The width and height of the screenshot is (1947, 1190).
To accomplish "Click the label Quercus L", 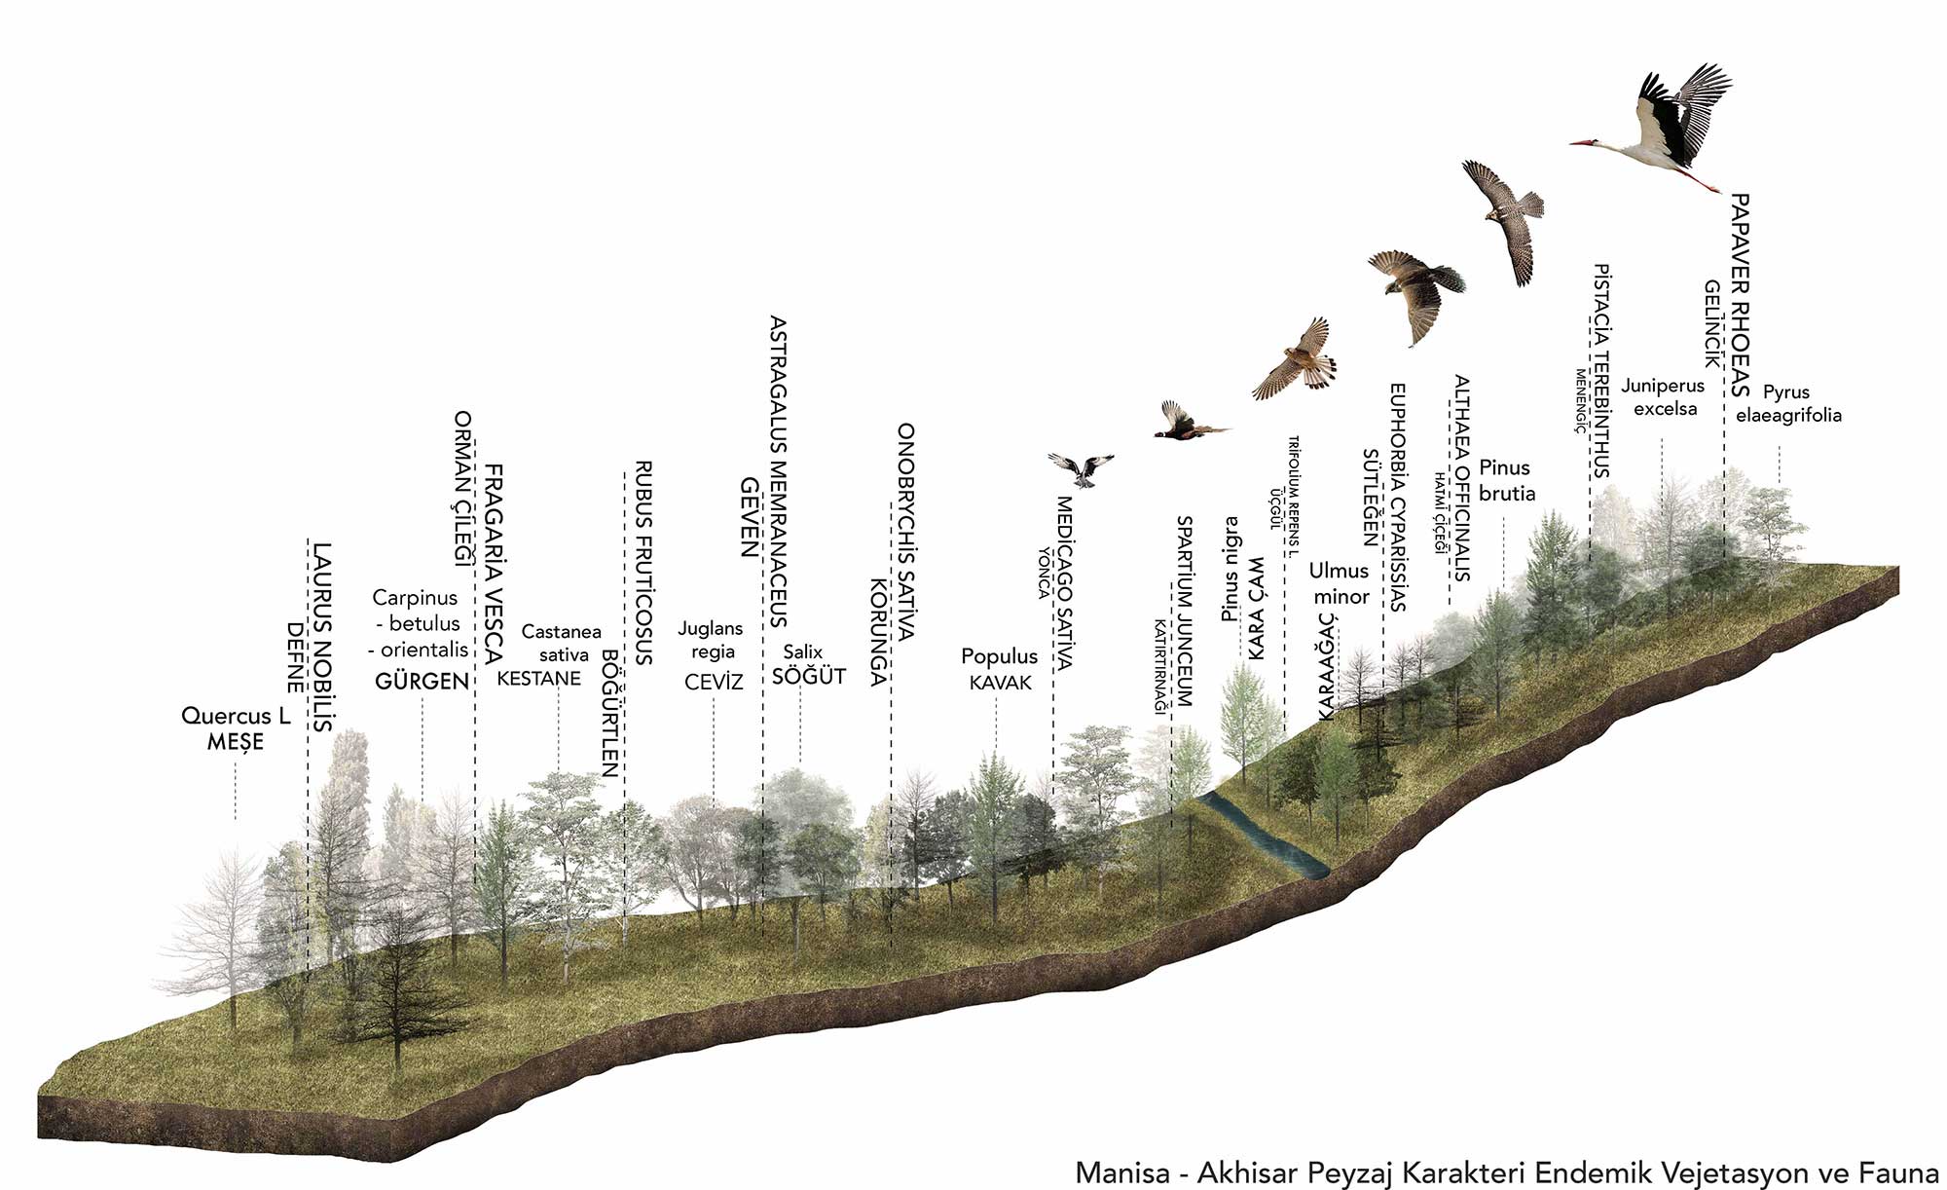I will tap(236, 716).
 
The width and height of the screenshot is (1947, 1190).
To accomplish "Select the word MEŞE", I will tap(236, 742).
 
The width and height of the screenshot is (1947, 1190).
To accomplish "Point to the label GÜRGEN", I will tap(422, 681).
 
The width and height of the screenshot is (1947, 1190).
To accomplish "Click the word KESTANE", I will tap(538, 679).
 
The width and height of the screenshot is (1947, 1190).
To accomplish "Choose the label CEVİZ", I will tap(714, 682).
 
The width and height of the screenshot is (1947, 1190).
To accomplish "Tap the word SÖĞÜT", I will tap(808, 676).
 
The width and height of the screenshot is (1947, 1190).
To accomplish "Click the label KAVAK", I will tap(1000, 683).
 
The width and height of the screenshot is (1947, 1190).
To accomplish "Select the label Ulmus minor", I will tap(1340, 583).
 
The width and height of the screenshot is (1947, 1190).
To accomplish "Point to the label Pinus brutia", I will tap(1505, 480).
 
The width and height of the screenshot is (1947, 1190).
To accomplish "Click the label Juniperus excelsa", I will tap(1664, 397).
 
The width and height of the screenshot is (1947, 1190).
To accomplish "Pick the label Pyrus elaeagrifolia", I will tap(1787, 403).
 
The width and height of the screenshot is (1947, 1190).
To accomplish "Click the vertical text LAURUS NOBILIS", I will tap(322, 637).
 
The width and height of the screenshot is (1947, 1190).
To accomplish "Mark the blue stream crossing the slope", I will tap(1266, 834).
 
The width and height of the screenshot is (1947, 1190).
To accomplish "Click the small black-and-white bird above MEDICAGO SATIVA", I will tap(1081, 468).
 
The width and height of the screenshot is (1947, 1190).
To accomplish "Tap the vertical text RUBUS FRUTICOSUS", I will tap(643, 563).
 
